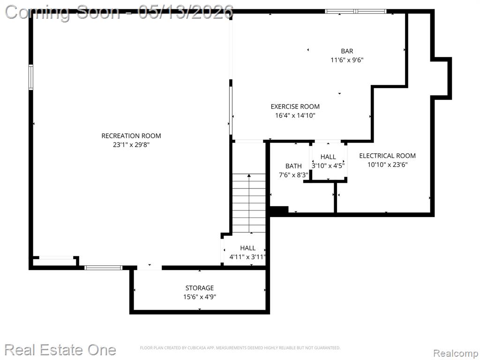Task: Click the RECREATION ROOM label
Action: pyautogui.click(x=131, y=135)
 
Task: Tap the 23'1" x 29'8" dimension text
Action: pyautogui.click(x=131, y=144)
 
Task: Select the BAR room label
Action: pyautogui.click(x=347, y=51)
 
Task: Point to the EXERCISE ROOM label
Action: pyautogui.click(x=295, y=106)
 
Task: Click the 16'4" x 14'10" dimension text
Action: pyautogui.click(x=295, y=115)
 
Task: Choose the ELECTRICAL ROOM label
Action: pyautogui.click(x=387, y=156)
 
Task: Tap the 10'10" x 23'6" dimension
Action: pyautogui.click(x=387, y=165)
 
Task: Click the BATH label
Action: pyautogui.click(x=293, y=166)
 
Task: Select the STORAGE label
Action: pyautogui.click(x=200, y=288)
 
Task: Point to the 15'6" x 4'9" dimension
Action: pyautogui.click(x=200, y=297)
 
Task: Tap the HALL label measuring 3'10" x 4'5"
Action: pyautogui.click(x=328, y=157)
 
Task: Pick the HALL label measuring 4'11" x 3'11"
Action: pyautogui.click(x=247, y=248)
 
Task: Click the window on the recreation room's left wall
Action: pyautogui.click(x=31, y=77)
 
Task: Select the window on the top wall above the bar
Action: pyautogui.click(x=356, y=12)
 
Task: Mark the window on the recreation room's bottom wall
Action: pyautogui.click(x=104, y=268)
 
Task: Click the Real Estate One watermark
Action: pyautogui.click(x=60, y=350)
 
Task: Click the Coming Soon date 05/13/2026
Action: pyautogui.click(x=186, y=13)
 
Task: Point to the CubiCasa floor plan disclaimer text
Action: pyautogui.click(x=240, y=348)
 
